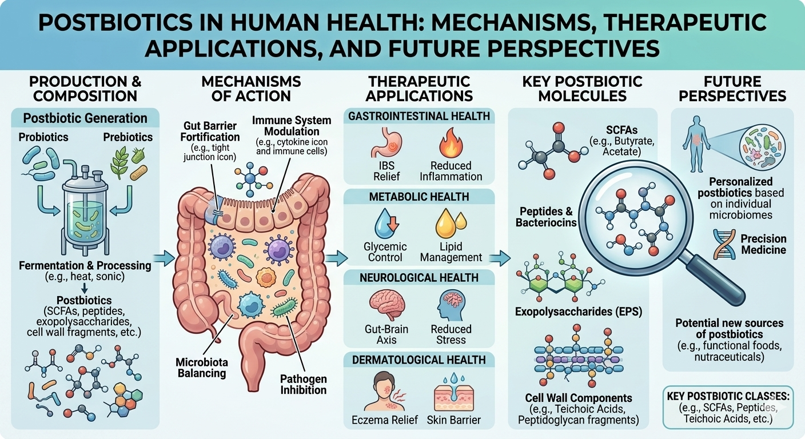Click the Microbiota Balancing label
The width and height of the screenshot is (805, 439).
point(201,368)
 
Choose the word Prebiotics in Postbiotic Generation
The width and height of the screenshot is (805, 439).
point(128,137)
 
